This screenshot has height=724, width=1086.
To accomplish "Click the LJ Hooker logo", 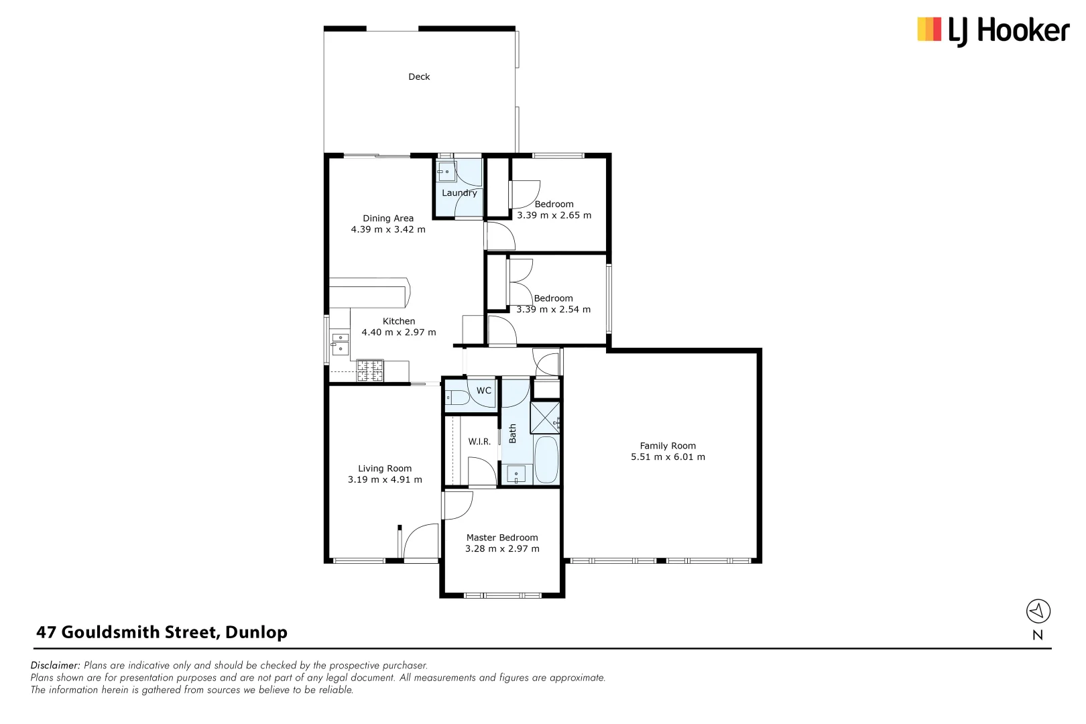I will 993,31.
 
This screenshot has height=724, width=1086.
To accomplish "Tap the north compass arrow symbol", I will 1038,611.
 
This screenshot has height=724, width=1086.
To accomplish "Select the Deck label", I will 419,76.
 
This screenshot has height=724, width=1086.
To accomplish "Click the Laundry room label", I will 459,193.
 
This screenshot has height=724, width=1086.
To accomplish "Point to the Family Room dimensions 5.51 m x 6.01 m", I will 668,457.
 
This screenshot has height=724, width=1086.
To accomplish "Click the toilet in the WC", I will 457,398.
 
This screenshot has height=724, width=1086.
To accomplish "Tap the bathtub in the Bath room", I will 546,460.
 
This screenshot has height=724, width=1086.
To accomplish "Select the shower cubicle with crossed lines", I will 545,418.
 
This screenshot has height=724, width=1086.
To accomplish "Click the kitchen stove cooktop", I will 369,371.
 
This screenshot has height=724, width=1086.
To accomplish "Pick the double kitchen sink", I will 341,343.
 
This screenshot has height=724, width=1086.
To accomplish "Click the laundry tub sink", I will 446,172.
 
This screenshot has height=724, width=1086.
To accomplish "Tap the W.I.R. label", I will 479,442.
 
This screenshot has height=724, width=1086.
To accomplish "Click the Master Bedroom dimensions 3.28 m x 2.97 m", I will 502,549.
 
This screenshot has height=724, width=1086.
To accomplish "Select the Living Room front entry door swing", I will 420,542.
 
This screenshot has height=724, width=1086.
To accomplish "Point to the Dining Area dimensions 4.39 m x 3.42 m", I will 388,229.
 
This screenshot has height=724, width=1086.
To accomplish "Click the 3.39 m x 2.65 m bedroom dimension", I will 554,216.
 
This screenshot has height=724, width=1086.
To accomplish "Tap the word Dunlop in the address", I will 256,632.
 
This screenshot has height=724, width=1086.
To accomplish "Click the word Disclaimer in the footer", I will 55,666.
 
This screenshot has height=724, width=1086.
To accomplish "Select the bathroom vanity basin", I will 516,474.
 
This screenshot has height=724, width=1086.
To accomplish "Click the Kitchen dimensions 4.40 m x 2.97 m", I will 399,333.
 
